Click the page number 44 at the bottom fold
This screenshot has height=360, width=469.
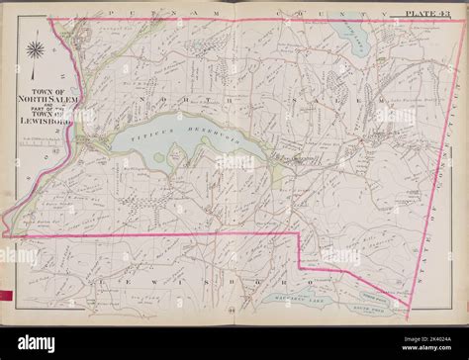pyautogui.click(x=234, y=318)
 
